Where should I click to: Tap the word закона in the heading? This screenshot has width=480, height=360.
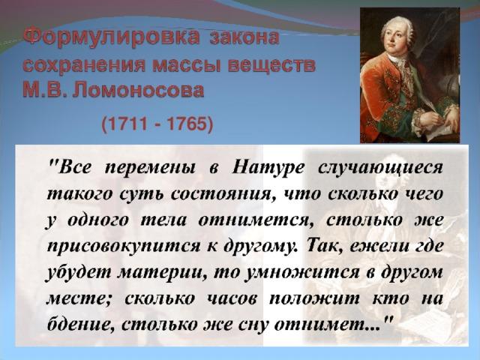coord(244,37)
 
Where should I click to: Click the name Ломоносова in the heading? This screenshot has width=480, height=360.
coord(137,90)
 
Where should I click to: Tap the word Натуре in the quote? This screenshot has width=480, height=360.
coord(268,168)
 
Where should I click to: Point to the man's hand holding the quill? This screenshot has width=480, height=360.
coord(434,115)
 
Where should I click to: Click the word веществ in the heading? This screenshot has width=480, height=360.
coord(271,64)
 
